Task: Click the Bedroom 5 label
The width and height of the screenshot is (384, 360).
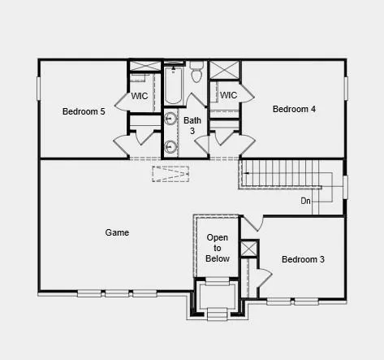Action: tap(84, 111)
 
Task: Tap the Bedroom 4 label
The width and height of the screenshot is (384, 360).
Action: tap(294, 109)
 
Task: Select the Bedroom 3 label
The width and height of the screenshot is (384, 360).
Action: tap(303, 259)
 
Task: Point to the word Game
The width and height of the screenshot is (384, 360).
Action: tap(117, 232)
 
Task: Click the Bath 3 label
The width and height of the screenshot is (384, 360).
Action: tap(192, 126)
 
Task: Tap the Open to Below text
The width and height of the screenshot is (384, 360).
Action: tap(218, 248)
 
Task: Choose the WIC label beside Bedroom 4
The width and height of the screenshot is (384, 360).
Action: tap(228, 95)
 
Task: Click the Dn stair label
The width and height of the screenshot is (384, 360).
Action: tap(306, 201)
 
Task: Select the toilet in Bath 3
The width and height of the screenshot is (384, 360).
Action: tap(196, 76)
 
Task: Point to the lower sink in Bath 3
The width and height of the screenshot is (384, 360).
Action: tap(171, 147)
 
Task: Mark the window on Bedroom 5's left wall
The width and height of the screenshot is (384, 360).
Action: tap(38, 89)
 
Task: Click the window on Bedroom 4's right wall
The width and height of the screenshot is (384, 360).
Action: tap(346, 88)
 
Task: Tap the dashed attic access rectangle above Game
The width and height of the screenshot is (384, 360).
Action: tap(170, 174)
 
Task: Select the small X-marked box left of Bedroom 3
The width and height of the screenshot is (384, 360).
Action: tap(248, 249)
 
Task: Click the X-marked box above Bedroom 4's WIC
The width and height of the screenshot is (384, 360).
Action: tap(225, 68)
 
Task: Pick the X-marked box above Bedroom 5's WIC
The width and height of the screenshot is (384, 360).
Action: tap(145, 65)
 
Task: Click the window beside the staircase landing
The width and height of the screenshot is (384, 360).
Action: tap(345, 188)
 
